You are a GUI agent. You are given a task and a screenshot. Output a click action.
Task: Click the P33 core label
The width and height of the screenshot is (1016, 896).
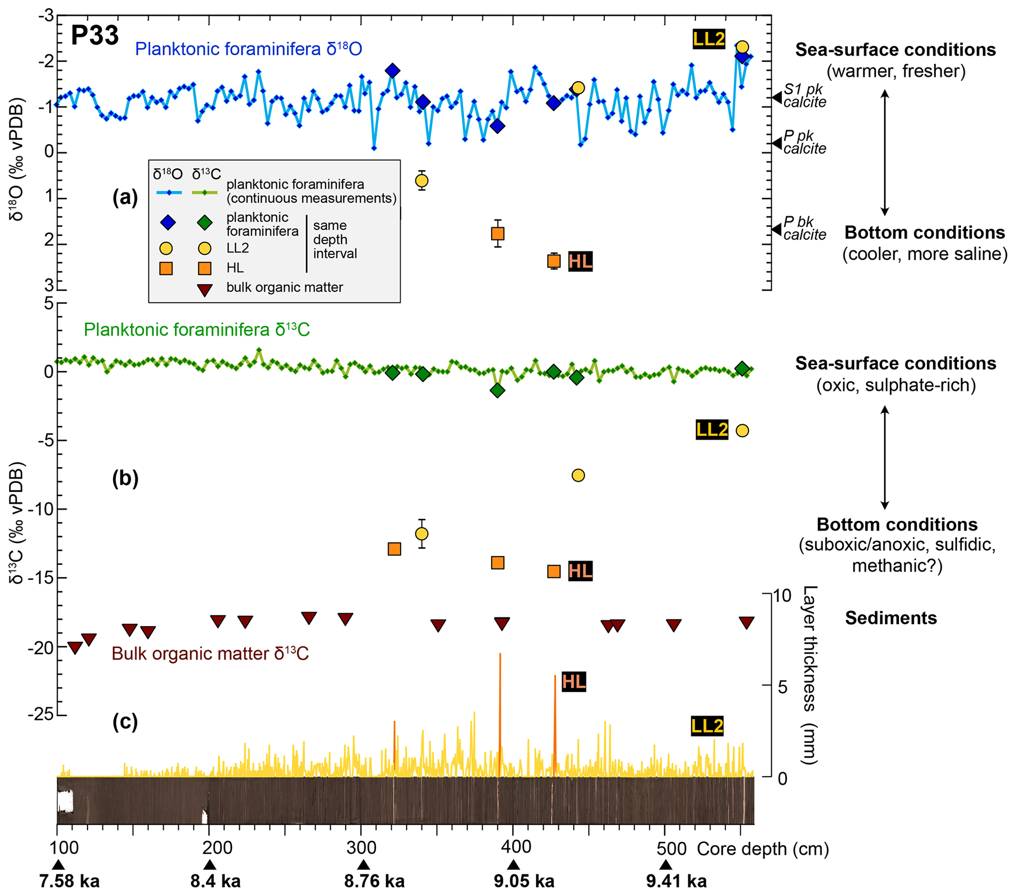pyautogui.click(x=94, y=35)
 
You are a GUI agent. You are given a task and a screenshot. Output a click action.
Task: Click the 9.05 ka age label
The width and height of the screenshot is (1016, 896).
pyautogui.click(x=524, y=881)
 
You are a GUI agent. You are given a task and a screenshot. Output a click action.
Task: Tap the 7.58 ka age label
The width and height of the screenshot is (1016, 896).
pyautogui.click(x=69, y=881)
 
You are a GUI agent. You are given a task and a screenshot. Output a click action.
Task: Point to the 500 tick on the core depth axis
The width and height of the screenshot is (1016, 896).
pyautogui.click(x=671, y=848)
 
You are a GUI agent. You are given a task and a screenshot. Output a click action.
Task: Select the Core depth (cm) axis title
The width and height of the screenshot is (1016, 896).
pyautogui.click(x=762, y=849)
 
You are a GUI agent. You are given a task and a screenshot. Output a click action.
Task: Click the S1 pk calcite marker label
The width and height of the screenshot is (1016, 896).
pyautogui.click(x=804, y=95)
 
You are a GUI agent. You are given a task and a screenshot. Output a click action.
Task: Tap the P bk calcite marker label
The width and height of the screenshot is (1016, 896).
pyautogui.click(x=804, y=228)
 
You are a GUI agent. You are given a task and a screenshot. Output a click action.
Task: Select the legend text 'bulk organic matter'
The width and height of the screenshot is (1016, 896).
pyautogui.click(x=284, y=287)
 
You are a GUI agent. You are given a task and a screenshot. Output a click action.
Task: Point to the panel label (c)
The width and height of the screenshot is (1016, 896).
pyautogui.click(x=125, y=721)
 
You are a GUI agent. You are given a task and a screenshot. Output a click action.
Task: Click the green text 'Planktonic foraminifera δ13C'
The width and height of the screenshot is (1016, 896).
pyautogui.click(x=197, y=329)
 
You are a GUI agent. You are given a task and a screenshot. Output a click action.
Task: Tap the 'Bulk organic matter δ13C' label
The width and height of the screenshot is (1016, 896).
pyautogui.click(x=210, y=654)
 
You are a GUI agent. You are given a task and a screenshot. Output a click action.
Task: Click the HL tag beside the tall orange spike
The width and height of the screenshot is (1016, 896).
pyautogui.click(x=574, y=681)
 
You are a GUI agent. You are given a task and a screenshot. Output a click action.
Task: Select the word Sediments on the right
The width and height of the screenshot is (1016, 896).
pyautogui.click(x=891, y=618)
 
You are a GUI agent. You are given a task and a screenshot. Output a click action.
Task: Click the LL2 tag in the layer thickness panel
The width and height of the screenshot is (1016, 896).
pyautogui.click(x=707, y=726)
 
